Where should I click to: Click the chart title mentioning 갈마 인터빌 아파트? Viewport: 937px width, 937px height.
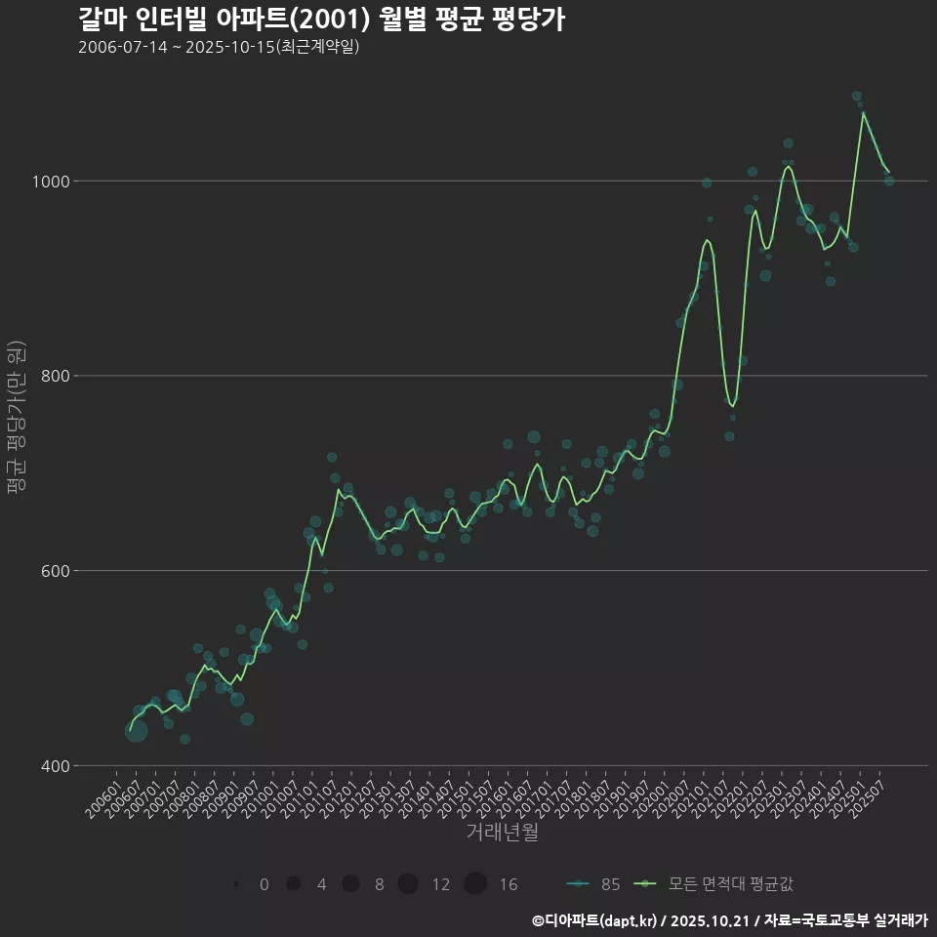(x=321, y=20)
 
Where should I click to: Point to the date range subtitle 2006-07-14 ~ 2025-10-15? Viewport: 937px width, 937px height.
(x=219, y=47)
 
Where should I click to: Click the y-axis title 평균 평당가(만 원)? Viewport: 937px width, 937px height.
(x=15, y=420)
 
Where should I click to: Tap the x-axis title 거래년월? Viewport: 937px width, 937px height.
(x=502, y=833)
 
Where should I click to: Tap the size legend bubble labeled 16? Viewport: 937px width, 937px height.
(x=475, y=884)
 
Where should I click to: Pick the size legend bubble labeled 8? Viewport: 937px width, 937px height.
(x=350, y=884)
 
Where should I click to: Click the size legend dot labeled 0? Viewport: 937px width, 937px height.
(x=236, y=884)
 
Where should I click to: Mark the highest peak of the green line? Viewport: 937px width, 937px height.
(x=863, y=112)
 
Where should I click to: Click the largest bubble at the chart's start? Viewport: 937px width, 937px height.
(x=136, y=730)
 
